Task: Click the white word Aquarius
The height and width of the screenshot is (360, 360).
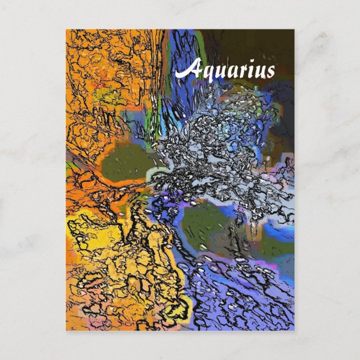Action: click(225, 71)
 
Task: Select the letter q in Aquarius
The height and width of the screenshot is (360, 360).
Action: click(205, 73)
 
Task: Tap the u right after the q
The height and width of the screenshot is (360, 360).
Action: click(217, 72)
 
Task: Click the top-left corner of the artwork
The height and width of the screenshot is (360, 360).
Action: click(66, 30)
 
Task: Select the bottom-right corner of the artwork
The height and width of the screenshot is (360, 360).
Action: click(294, 330)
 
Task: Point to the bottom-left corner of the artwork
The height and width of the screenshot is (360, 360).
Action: click(66, 330)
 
